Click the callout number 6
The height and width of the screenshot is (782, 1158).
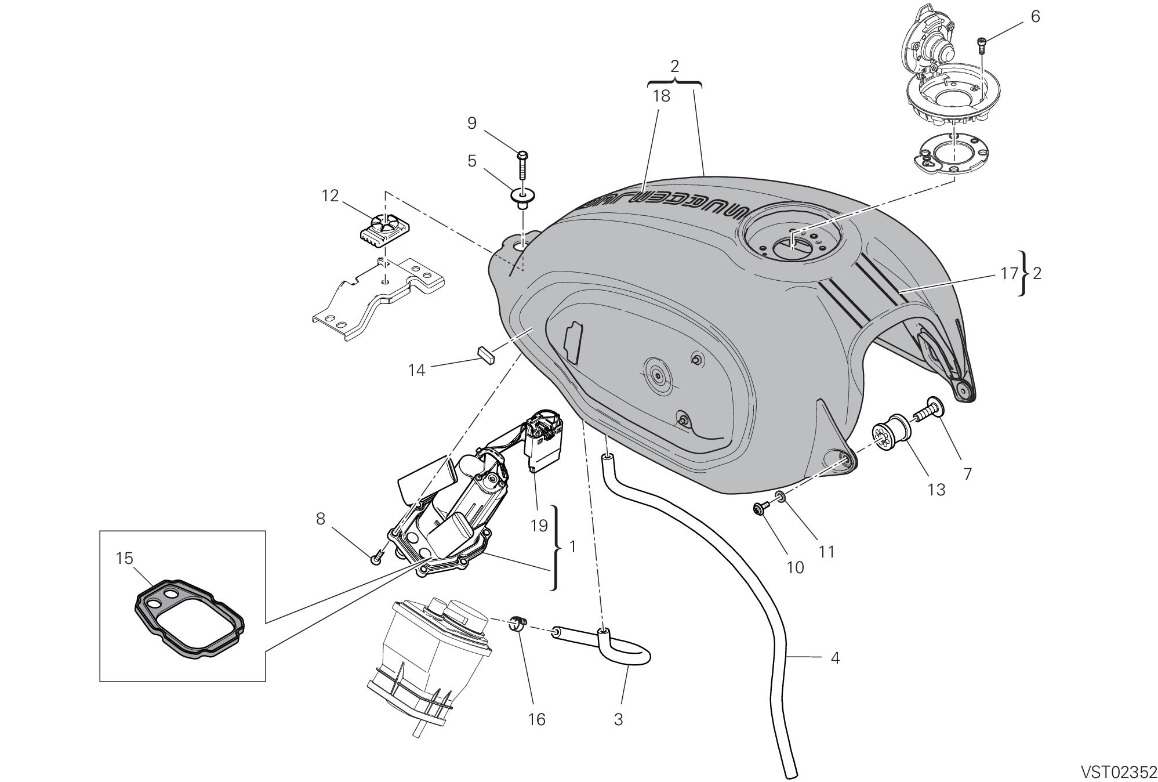tap(1035, 17)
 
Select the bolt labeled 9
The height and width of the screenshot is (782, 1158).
tap(522, 162)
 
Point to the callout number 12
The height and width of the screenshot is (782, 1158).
tap(331, 196)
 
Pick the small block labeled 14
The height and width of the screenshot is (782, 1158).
tap(485, 354)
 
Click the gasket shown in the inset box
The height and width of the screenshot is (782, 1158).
tap(188, 618)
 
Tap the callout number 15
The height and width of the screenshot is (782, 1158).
tap(125, 558)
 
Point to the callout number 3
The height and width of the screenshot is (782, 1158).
tap(618, 719)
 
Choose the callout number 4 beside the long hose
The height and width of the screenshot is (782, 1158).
tap(835, 658)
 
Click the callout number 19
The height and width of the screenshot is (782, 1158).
tap(539, 526)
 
